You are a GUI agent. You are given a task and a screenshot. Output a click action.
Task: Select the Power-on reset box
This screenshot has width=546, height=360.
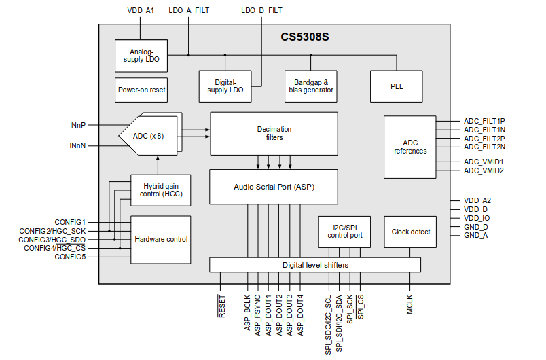(x=141, y=90)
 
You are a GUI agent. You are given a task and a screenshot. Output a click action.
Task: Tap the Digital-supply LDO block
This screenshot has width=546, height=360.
(x=225, y=86)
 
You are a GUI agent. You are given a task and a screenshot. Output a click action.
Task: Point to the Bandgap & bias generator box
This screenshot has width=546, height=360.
(x=309, y=86)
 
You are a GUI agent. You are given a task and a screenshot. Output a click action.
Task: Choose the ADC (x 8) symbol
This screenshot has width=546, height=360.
(x=149, y=136)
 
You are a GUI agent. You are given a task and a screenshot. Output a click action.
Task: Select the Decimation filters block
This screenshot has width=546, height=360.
(x=274, y=133)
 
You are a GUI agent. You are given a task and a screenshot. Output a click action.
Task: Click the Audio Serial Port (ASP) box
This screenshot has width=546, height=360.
(x=274, y=186)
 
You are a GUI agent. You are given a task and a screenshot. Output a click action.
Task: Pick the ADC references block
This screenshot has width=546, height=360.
(x=410, y=147)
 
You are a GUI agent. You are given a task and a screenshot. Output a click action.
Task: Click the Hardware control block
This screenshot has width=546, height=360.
(x=161, y=239)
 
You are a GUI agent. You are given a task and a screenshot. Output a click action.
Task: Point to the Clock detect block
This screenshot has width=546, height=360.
(x=410, y=232)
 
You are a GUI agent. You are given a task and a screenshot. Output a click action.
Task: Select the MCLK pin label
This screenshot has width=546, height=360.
(x=410, y=302)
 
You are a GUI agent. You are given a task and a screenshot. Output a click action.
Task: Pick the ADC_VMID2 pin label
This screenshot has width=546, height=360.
(x=483, y=170)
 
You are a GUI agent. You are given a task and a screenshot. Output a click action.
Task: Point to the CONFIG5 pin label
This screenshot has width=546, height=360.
(x=70, y=257)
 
